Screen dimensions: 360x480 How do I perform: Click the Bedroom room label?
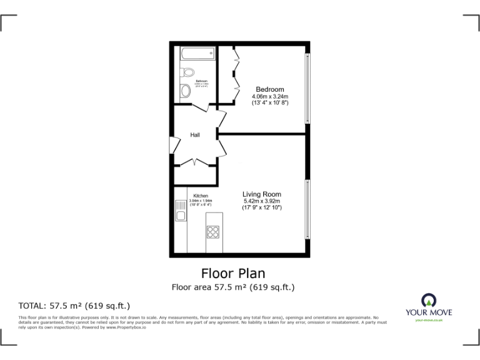pyautogui.click(x=270, y=89)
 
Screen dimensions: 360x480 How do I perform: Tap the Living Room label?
pyautogui.click(x=262, y=194)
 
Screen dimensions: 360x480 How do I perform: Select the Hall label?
pyautogui.click(x=195, y=134)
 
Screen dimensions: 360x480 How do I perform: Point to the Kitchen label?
pyautogui.click(x=201, y=196)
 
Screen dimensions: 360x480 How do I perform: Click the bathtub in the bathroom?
pyautogui.click(x=197, y=54)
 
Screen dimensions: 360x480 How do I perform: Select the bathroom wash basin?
pyautogui.click(x=185, y=92)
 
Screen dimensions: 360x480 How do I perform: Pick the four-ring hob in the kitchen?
pyautogui.click(x=213, y=232)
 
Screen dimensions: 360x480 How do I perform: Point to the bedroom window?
pyautogui.click(x=306, y=87)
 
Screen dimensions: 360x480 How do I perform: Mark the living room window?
pyautogui.click(x=306, y=209)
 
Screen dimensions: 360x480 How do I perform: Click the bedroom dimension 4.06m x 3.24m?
pyautogui.click(x=270, y=97)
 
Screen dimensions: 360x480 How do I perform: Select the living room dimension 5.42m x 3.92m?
pyautogui.click(x=262, y=201)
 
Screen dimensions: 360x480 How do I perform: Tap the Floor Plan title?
pyautogui.click(x=233, y=273)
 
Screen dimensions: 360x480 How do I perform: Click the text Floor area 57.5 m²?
pyautogui.click(x=233, y=287)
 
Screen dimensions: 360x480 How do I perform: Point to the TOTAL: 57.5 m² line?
pyautogui.click(x=74, y=306)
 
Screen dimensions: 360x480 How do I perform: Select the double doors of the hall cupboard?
pyautogui.click(x=196, y=163)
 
